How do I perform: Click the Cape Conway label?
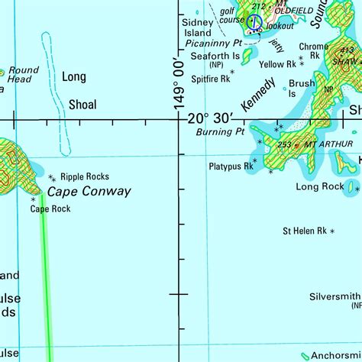tap(89, 192)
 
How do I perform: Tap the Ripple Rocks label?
tap(86, 176)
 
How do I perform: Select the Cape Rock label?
tap(50, 208)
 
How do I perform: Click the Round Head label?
tap(20, 75)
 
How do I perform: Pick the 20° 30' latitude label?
tap(210, 118)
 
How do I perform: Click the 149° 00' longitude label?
tap(181, 80)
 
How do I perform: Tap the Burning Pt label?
tap(220, 131)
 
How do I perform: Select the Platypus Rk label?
tap(231, 165)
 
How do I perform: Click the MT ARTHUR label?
tap(328, 144)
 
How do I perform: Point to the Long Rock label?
tap(320, 186)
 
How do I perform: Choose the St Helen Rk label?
tap(305, 230)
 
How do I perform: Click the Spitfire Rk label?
tap(211, 78)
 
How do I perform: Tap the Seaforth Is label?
tap(215, 57)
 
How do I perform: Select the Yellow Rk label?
tap(276, 64)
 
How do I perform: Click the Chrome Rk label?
tap(314, 50)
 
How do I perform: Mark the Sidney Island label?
tap(196, 28)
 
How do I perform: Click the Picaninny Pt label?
tap(216, 43)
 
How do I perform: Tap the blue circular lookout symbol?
tap(254, 22)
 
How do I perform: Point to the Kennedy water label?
tap(257, 95)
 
